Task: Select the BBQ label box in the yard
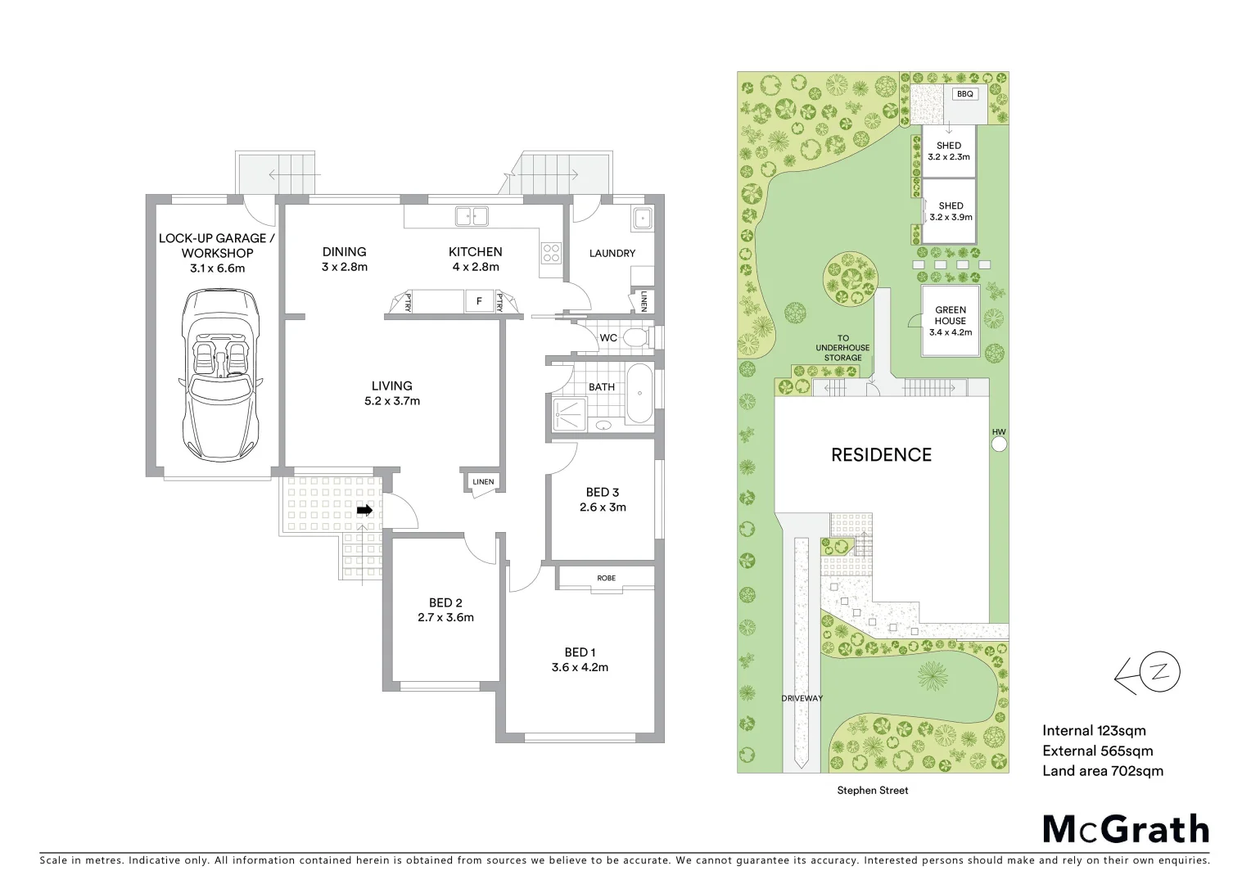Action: tap(965, 94)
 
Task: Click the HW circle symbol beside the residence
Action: tap(999, 444)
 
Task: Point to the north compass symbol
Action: tap(1146, 674)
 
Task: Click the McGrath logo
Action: tap(1126, 829)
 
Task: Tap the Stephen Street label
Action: tap(872, 791)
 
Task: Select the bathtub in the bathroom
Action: tap(639, 395)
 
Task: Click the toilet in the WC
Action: tap(635, 337)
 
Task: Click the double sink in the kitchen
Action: tap(472, 216)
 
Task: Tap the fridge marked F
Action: tap(479, 301)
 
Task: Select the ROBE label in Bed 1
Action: tap(606, 578)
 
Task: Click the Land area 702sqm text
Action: tap(1102, 770)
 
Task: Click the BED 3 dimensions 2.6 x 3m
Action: tap(603, 507)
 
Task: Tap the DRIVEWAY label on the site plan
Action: tap(801, 698)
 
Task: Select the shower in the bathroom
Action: tap(569, 413)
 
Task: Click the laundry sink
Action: tap(642, 219)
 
